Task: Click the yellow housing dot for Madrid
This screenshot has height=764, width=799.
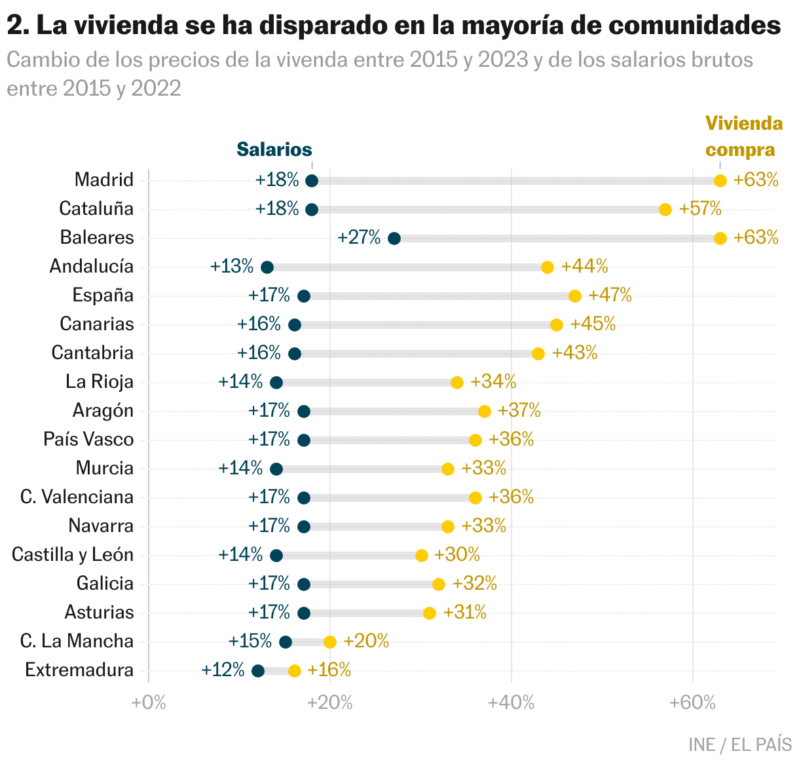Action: (x=720, y=181)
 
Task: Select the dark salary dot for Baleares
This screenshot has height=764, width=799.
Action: (x=394, y=239)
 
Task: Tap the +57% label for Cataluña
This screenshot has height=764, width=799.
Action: (x=700, y=209)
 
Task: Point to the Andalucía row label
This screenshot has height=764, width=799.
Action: (x=92, y=266)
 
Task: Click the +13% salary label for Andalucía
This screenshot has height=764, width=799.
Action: (x=232, y=266)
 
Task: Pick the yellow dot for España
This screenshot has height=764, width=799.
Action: (x=575, y=296)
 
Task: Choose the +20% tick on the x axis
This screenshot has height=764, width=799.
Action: (x=330, y=702)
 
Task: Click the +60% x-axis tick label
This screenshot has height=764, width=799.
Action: (x=692, y=702)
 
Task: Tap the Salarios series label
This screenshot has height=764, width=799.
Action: (x=274, y=149)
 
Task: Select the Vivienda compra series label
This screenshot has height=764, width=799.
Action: (x=742, y=137)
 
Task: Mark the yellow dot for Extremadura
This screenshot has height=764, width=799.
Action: (x=295, y=671)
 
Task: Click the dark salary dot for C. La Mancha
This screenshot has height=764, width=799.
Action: (x=286, y=642)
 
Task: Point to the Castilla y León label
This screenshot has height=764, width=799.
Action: (x=73, y=554)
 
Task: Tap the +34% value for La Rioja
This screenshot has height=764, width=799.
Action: (x=493, y=381)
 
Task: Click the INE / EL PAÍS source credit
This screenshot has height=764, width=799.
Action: (x=740, y=744)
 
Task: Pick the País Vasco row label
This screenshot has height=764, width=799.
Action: (x=88, y=439)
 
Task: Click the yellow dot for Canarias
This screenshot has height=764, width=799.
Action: (x=557, y=325)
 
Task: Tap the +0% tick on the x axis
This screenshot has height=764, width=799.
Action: (x=149, y=702)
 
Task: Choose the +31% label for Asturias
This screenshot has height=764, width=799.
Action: (x=464, y=612)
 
